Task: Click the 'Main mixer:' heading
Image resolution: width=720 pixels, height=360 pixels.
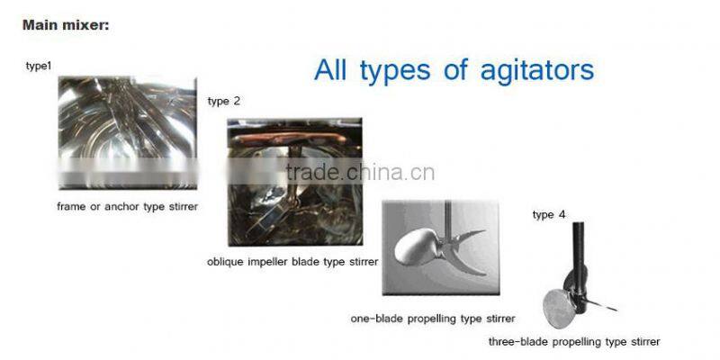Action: (x=65, y=25)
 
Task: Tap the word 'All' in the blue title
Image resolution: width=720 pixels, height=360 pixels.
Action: (x=333, y=69)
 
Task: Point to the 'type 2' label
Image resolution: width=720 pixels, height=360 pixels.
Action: (x=224, y=101)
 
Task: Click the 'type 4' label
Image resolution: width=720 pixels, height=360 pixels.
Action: (x=549, y=214)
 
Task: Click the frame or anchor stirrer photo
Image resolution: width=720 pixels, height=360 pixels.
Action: (x=126, y=132)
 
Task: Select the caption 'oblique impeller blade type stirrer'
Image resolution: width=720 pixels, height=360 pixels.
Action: (x=292, y=262)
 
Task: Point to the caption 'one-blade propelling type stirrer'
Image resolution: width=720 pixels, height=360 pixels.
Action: (x=433, y=319)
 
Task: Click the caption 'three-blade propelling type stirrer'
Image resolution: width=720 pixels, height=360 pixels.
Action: (x=574, y=342)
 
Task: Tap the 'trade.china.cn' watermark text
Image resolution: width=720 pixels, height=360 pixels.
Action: (x=360, y=173)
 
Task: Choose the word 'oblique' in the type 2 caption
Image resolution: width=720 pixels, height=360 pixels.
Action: (x=224, y=262)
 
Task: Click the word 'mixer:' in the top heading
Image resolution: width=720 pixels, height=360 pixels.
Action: (x=85, y=25)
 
